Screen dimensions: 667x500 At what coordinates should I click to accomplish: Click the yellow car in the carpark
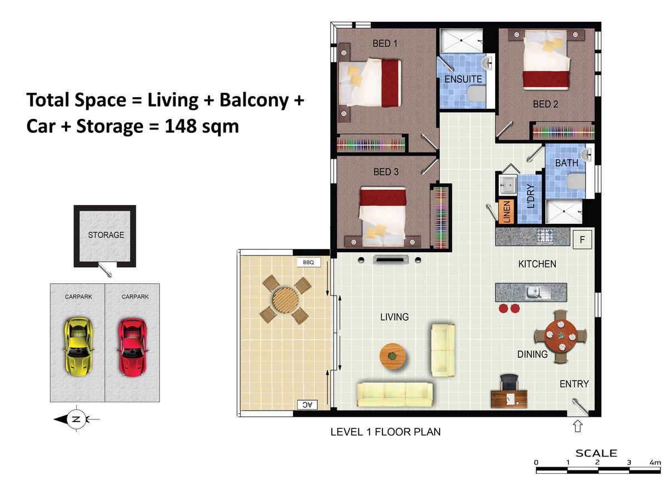pos(78,347)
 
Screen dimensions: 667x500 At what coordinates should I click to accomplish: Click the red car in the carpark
pos(132,347)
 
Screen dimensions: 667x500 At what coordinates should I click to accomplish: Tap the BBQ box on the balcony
pos(308,262)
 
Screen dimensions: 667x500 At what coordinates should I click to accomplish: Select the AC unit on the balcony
pos(307,404)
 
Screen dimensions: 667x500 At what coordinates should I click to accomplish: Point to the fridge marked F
pos(582,240)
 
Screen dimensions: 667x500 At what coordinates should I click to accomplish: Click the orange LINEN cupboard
pos(506,212)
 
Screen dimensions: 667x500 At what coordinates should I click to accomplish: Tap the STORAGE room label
pos(106,235)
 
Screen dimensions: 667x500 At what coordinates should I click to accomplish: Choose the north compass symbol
pos(76,419)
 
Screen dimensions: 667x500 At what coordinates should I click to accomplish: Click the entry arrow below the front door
pos(578,426)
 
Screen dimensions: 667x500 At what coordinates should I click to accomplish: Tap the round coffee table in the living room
pos(393,356)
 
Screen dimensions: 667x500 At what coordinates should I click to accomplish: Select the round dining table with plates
pos(561,336)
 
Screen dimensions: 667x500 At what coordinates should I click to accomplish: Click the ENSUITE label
pos(463,79)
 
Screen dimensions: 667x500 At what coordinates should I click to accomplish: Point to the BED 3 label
pos(386,172)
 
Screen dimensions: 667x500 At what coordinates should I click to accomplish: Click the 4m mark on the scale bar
pos(655,463)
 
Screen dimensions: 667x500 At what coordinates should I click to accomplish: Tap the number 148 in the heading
pos(180,126)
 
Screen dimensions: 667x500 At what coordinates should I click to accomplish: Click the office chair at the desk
pos(509,383)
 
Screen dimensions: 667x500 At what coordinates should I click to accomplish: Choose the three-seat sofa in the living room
pos(395,394)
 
